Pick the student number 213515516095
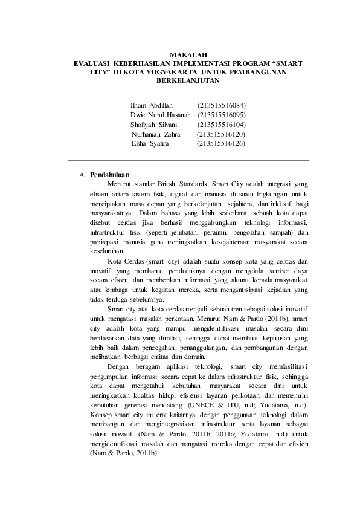tap(221, 114)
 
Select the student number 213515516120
tap(221, 134)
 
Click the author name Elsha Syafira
tap(151, 143)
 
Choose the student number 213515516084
tap(221, 105)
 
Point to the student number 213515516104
tap(221, 124)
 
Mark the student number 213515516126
tap(221, 143)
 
